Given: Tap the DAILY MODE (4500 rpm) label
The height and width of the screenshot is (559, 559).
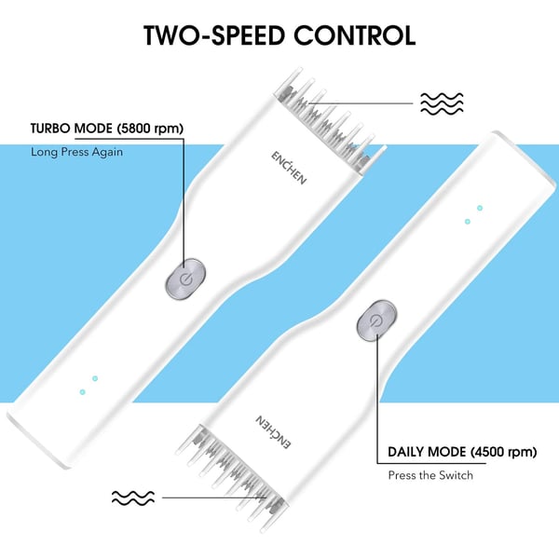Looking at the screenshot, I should pyautogui.click(x=462, y=453).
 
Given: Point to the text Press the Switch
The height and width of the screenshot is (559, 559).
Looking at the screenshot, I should pyautogui.click(x=430, y=475).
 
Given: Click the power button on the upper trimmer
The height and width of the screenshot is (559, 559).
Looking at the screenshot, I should pyautogui.click(x=186, y=278).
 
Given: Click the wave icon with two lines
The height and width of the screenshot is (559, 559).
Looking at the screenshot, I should pyautogui.click(x=133, y=498).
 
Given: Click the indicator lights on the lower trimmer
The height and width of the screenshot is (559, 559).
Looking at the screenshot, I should pyautogui.click(x=473, y=215).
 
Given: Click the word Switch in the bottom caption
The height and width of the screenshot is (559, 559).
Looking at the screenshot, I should pyautogui.click(x=455, y=475).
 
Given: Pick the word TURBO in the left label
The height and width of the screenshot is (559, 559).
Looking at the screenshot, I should pyautogui.click(x=52, y=129).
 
